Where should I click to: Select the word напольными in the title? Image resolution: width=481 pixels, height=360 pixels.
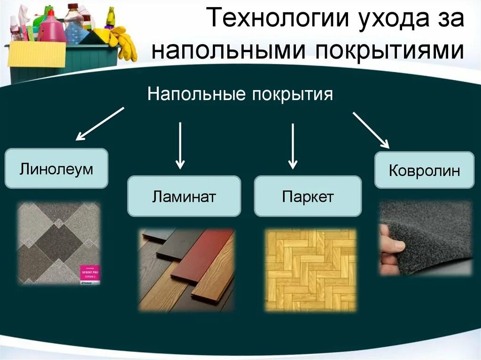click(x=227, y=50)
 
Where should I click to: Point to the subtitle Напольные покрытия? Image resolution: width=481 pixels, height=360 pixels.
click(x=240, y=94)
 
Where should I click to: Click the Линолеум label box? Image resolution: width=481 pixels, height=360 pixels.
click(x=56, y=169)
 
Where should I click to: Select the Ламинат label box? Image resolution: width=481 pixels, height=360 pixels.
click(x=184, y=196)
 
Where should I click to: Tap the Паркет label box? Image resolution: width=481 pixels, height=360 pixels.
click(x=308, y=196)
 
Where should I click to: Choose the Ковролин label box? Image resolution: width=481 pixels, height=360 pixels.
click(x=424, y=170)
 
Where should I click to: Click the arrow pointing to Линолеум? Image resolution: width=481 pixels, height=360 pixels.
click(x=100, y=124)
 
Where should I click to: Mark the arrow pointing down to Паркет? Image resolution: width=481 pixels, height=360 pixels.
click(x=293, y=146)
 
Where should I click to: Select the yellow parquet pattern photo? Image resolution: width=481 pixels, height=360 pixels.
click(x=310, y=269)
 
